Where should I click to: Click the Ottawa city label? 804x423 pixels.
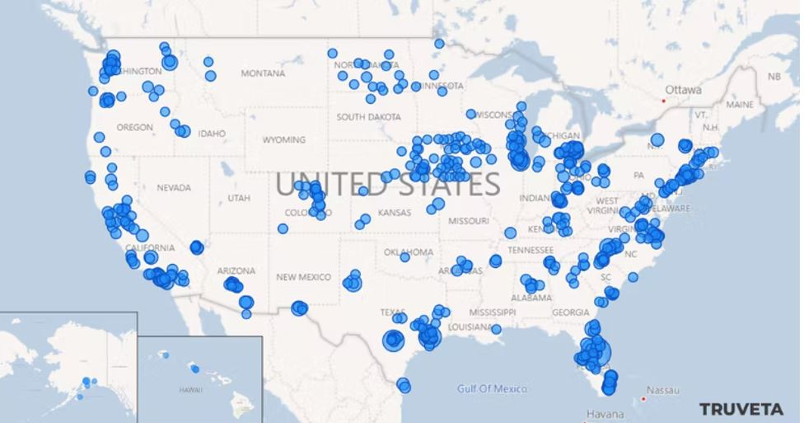(x=684, y=89)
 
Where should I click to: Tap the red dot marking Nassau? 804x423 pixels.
(x=643, y=399)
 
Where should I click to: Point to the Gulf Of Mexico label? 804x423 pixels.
(x=492, y=388)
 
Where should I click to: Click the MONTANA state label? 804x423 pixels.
(x=263, y=73)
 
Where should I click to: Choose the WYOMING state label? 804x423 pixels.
(x=283, y=140)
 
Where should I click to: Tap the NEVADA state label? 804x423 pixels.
(x=173, y=188)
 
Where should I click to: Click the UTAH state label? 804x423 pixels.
(x=239, y=198)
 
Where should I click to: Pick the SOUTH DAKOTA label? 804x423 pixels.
(x=367, y=117)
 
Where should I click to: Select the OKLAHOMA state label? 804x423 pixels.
(x=408, y=252)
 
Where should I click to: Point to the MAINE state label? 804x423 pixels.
(x=739, y=105)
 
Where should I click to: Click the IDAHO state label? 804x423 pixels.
(x=211, y=134)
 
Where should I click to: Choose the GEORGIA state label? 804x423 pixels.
(x=571, y=313)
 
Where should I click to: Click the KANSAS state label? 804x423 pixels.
(x=394, y=213)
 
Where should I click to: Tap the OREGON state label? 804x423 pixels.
(x=134, y=128)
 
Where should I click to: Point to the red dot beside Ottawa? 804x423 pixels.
(x=663, y=101)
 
